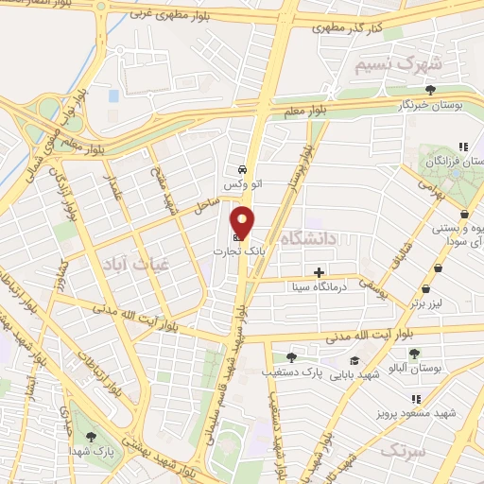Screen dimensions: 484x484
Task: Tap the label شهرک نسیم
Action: pyautogui.click(x=396, y=65)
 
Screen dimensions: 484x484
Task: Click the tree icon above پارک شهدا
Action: pyautogui.click(x=91, y=437)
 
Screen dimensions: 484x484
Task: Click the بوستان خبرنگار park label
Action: pyautogui.click(x=429, y=106)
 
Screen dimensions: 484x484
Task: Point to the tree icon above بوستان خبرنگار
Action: pyautogui.click(x=429, y=91)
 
